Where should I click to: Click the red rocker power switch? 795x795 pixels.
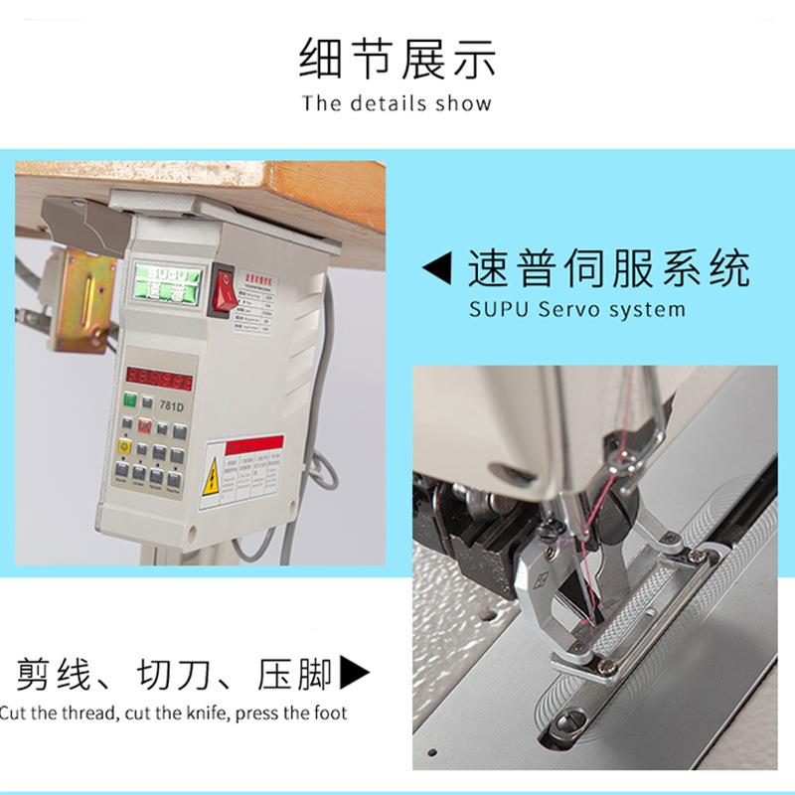pos(227,288)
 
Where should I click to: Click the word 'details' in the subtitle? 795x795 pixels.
pos(387,103)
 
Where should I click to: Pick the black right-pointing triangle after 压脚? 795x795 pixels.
pos(355,673)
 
